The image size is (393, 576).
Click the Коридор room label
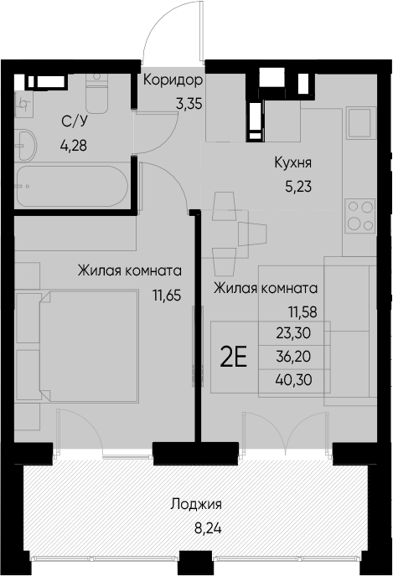173,81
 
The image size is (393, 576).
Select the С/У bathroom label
72,121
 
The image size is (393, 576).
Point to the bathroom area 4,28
73,144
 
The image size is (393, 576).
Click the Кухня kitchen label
294,164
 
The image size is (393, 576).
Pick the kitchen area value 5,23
297,187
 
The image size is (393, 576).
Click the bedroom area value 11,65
167,294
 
